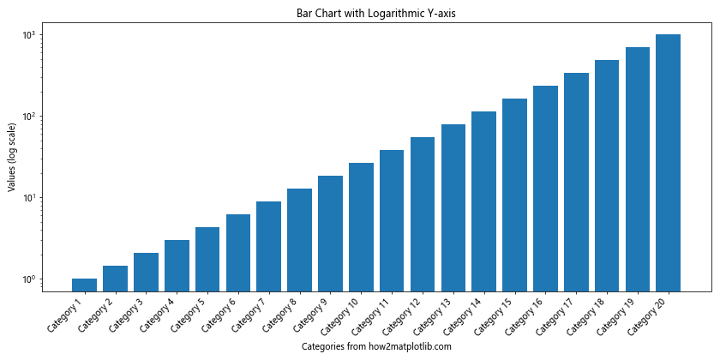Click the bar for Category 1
(x=84, y=285)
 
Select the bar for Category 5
(x=207, y=259)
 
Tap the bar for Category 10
(x=361, y=226)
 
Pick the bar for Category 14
(x=483, y=201)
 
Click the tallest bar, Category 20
(x=668, y=163)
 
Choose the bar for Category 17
(x=576, y=182)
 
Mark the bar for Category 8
(x=299, y=239)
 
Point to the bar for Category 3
(x=146, y=272)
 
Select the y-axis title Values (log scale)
(x=12, y=157)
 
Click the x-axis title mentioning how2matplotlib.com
(x=376, y=346)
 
